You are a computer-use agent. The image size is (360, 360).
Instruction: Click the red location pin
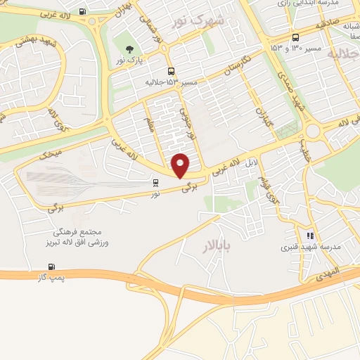tap(181, 165)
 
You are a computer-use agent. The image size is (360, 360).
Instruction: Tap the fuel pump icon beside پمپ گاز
tap(51, 267)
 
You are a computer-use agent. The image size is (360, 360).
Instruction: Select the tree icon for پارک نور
tap(129, 49)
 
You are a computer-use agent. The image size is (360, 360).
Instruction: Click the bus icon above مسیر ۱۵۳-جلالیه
tap(171, 72)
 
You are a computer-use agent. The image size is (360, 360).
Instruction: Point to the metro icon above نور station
tap(155, 181)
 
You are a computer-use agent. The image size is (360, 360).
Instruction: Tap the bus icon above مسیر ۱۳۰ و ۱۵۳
tap(295, 37)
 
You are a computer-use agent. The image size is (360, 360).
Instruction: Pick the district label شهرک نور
tap(199, 20)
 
